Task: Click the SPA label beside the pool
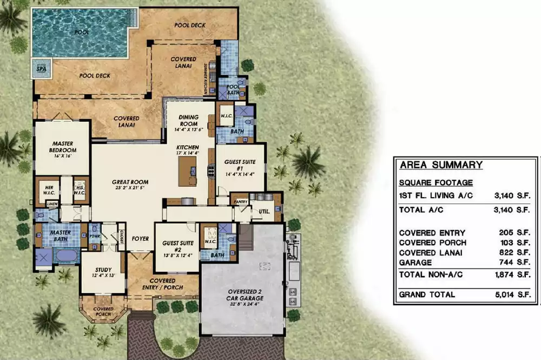point(41,69)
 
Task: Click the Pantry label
point(241,202)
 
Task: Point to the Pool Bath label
point(234,89)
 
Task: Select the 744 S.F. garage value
point(517,262)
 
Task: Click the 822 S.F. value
point(517,253)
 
